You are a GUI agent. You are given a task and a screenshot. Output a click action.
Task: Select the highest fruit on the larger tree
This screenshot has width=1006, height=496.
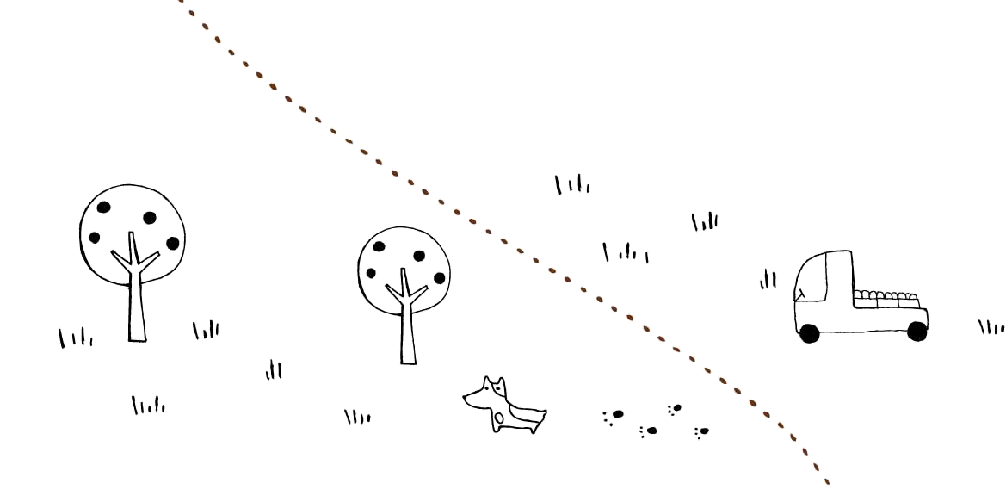click(x=103, y=207)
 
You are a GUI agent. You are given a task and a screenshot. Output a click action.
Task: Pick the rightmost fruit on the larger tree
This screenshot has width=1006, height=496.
click(x=172, y=243)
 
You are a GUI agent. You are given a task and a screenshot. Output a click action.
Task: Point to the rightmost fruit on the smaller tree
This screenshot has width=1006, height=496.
click(x=440, y=277)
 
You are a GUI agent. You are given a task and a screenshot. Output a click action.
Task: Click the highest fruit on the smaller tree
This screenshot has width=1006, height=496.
click(x=379, y=247)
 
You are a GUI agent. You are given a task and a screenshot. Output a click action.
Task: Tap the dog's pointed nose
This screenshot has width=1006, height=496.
click(x=466, y=397)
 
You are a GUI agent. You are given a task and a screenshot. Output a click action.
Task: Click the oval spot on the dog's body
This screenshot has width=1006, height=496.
click(x=499, y=418)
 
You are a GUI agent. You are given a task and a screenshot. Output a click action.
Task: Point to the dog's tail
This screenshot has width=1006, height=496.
click(x=541, y=414)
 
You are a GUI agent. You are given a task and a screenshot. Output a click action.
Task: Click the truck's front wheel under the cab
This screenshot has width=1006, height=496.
click(x=809, y=332)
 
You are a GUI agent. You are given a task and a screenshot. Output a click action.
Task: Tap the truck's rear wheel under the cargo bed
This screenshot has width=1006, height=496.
click(x=917, y=331)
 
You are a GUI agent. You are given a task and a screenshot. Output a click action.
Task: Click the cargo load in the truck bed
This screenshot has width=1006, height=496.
click(x=886, y=298)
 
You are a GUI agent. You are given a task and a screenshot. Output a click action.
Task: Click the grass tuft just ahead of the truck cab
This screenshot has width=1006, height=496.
click(x=768, y=280)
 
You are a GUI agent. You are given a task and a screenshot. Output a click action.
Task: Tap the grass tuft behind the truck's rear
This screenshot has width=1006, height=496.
click(x=991, y=327)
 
